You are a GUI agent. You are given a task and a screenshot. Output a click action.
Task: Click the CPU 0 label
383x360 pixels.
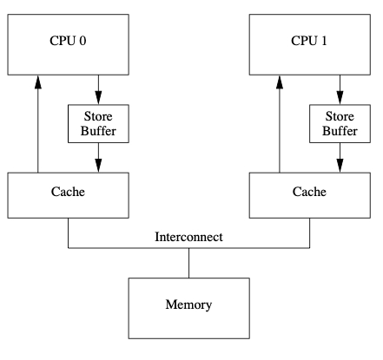(68, 41)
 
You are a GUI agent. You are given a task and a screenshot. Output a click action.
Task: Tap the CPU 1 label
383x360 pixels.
(309, 41)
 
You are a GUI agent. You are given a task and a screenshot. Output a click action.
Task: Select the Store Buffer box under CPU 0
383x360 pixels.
(98, 124)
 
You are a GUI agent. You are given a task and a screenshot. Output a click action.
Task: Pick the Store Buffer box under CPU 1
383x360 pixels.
(340, 124)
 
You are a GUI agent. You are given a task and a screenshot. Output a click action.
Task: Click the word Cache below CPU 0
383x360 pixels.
(68, 192)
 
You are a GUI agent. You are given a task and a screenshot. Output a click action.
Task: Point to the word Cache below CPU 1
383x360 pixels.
(309, 192)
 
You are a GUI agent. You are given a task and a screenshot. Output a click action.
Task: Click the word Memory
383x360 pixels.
(188, 304)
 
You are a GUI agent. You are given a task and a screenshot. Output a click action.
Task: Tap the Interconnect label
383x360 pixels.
(188, 237)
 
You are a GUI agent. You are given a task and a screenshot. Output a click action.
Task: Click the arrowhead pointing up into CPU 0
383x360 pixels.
(38, 82)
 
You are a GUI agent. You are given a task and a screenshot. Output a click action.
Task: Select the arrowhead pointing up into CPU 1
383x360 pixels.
(280, 82)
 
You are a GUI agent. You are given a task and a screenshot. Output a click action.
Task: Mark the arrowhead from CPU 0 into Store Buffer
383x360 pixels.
(98, 98)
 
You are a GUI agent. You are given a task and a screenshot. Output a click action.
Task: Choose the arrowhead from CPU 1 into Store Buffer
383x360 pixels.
(340, 98)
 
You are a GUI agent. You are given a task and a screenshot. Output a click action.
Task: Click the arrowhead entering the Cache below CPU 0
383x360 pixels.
(98, 166)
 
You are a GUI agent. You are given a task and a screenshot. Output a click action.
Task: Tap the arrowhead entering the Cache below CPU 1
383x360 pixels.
(340, 166)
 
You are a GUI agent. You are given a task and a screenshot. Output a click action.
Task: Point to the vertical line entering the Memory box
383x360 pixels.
(189, 263)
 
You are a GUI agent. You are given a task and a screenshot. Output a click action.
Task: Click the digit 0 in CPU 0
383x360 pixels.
(83, 41)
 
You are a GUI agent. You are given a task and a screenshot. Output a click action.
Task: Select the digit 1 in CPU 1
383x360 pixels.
(324, 41)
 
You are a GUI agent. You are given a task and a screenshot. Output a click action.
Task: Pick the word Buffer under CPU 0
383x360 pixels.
(98, 131)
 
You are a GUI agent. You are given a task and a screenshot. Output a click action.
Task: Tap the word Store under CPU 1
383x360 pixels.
(340, 116)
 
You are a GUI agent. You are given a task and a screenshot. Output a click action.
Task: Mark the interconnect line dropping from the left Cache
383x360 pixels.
(69, 233)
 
